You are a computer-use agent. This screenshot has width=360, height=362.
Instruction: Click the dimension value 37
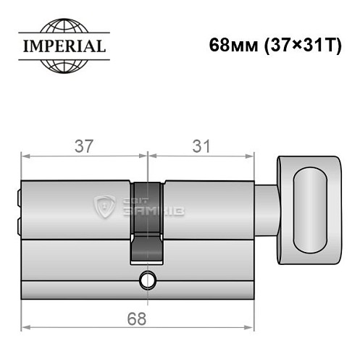coord(83,146)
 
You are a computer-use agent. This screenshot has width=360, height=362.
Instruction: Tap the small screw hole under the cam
coord(149,278)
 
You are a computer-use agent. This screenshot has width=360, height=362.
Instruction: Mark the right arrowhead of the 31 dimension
coord(254,155)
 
